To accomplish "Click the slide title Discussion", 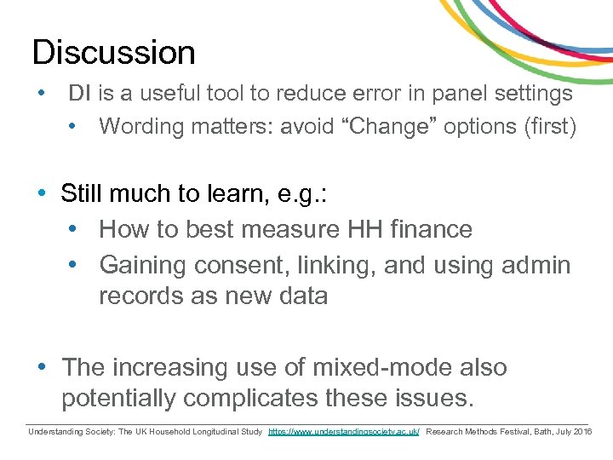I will (113, 53).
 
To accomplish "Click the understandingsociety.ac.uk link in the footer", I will (344, 432).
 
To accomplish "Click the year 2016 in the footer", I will (582, 432).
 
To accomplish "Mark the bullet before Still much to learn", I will (42, 194).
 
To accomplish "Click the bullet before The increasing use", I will (42, 368).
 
